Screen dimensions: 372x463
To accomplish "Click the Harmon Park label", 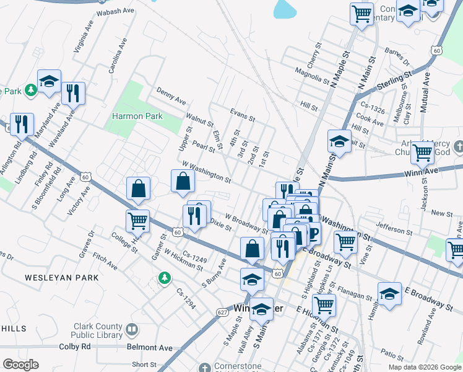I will point(137,116).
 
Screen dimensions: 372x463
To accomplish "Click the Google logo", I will point(20,365).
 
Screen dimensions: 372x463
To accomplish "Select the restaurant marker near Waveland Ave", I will point(73,94).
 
